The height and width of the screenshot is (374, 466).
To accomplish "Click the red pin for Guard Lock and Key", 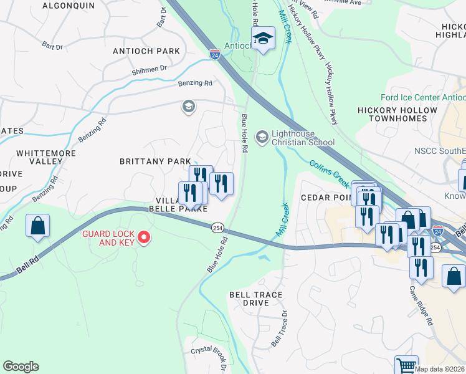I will click(144, 237).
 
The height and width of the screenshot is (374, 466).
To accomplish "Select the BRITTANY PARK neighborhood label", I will click(155, 161).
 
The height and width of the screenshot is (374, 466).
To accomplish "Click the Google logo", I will click(21, 366).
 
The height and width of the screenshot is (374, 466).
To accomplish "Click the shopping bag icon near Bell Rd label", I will click(37, 226).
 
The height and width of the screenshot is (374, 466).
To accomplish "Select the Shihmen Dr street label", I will click(150, 70).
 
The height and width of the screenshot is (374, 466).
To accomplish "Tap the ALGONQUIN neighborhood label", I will click(69, 6).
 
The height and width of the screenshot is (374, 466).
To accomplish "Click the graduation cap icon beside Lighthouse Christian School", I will click(262, 136).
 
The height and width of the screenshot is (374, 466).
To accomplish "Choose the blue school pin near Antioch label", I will click(263, 39).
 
